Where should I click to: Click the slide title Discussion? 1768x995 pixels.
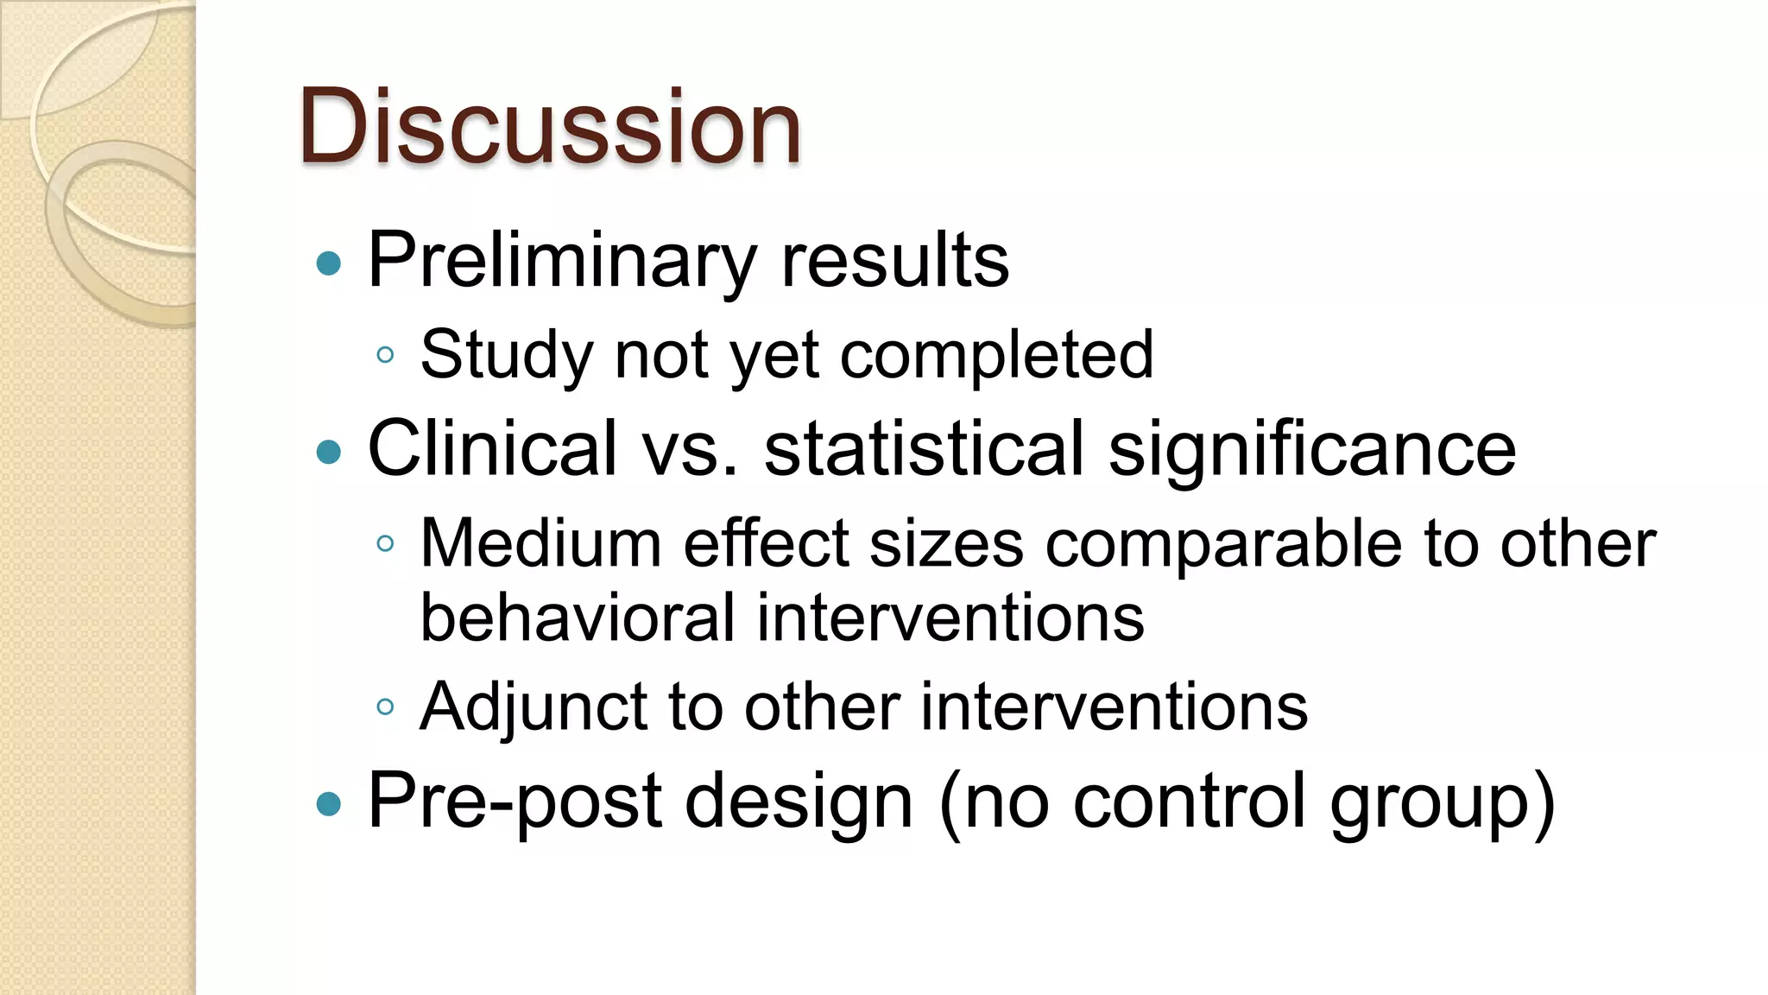(551, 128)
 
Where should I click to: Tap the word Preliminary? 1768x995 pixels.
(560, 261)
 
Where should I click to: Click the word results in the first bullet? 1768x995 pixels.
(894, 261)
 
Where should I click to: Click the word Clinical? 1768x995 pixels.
(492, 448)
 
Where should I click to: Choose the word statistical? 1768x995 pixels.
(924, 448)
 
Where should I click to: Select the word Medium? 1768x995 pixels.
(540, 543)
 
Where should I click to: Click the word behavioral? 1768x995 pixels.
(577, 618)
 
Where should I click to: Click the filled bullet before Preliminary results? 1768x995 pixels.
(329, 263)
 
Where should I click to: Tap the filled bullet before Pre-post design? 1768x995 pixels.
(329, 804)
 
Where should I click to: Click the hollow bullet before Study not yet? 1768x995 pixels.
(385, 355)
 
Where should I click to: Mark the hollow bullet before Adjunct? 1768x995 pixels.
(385, 707)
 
